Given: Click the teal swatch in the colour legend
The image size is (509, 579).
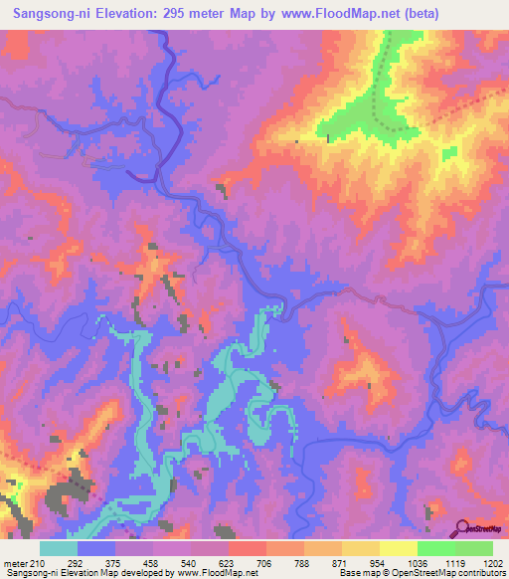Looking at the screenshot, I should [59, 548].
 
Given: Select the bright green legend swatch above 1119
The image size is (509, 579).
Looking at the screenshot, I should [435, 548].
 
